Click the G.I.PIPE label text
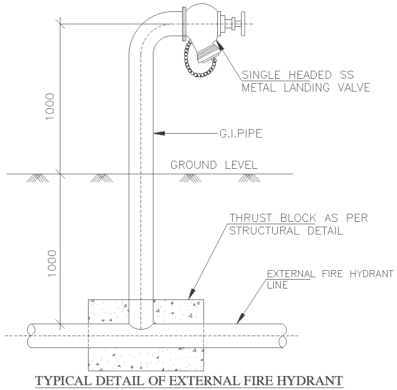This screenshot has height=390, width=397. pyautogui.click(x=240, y=133)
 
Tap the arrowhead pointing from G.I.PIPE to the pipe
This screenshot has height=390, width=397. pyautogui.click(x=157, y=133)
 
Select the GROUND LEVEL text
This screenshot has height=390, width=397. pyautogui.click(x=214, y=165)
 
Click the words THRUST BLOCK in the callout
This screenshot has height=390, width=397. pyautogui.click(x=272, y=218)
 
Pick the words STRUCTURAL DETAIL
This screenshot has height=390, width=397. pyautogui.click(x=286, y=231)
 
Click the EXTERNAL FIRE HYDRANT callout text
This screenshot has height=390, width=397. pyautogui.click(x=330, y=274)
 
